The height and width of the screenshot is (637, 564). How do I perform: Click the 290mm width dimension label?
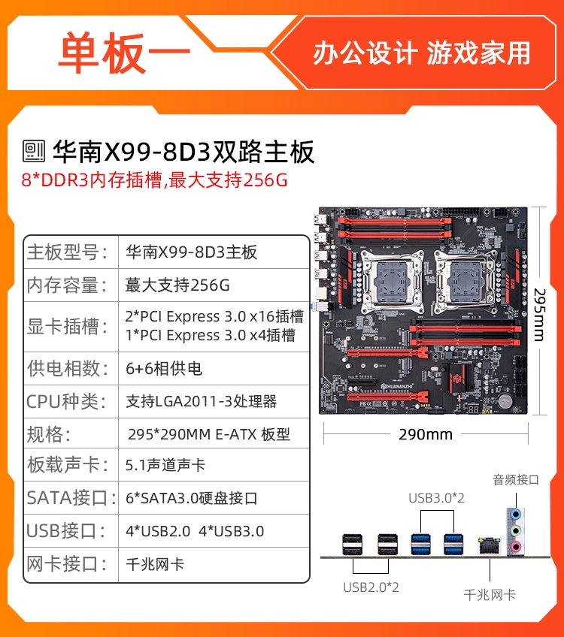click(426, 434)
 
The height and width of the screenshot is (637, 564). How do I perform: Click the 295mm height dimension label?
click(540, 315)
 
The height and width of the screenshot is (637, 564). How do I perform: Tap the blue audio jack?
click(516, 515)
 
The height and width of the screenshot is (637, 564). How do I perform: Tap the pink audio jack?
click(516, 546)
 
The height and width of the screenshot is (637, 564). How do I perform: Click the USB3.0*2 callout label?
click(436, 498)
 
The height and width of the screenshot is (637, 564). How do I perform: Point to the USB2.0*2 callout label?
click(371, 587)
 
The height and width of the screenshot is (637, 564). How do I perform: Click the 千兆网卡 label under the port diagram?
click(490, 595)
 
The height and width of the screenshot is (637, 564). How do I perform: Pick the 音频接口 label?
click(516, 480)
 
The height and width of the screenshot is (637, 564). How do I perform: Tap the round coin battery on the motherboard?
click(505, 400)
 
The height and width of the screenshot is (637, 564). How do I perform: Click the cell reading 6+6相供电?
click(164, 369)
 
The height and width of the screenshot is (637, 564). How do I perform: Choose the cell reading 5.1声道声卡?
click(165, 465)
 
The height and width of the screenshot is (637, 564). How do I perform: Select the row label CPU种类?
click(67, 402)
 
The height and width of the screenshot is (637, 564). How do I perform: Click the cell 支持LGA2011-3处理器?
click(201, 401)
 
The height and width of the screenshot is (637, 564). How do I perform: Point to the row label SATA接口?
click(71, 498)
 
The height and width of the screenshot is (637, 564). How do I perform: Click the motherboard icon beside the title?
click(34, 151)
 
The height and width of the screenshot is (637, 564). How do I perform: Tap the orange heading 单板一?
click(123, 53)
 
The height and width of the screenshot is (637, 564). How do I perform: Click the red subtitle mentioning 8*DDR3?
click(154, 180)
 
